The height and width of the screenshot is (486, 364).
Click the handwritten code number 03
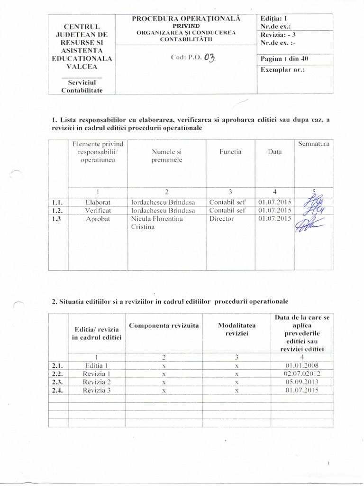209,58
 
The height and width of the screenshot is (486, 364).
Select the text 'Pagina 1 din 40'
284,59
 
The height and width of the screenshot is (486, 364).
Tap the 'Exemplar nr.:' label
282,70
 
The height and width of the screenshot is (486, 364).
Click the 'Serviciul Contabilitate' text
82,86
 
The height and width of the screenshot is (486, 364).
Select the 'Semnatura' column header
314,143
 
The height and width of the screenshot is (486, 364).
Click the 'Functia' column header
230,152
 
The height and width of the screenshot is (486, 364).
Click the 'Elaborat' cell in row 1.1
98,202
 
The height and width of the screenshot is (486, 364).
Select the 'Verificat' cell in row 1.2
98,210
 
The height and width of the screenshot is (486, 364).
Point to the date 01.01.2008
302,365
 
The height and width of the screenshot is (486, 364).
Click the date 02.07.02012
302,374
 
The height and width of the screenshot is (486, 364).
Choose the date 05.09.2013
302,382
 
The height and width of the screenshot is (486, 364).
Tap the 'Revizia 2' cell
97,382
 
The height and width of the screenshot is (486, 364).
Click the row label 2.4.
58,391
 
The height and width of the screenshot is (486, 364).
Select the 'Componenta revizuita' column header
164,326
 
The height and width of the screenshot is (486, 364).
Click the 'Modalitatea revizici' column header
236,330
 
